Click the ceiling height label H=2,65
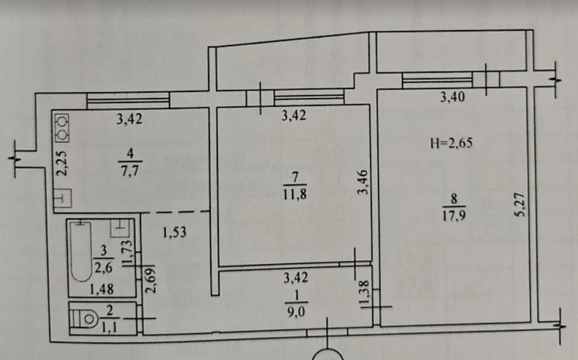tap(451, 143)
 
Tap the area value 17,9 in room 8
tap(454, 215)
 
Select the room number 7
tap(295, 177)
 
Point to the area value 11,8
tap(295, 194)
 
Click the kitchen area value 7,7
tap(130, 171)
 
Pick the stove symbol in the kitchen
tap(62, 127)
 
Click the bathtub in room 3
tap(81, 251)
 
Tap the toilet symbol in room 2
tap(84, 318)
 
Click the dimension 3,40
tap(453, 97)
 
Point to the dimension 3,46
tap(363, 182)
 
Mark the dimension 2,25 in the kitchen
tap(63, 163)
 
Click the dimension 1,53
tap(174, 232)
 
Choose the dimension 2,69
tap(151, 280)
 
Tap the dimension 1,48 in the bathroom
tap(102, 289)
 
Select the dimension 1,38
tap(364, 294)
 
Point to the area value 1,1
tap(109, 328)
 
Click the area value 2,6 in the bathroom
tap(103, 267)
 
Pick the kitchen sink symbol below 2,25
tap(63, 198)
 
